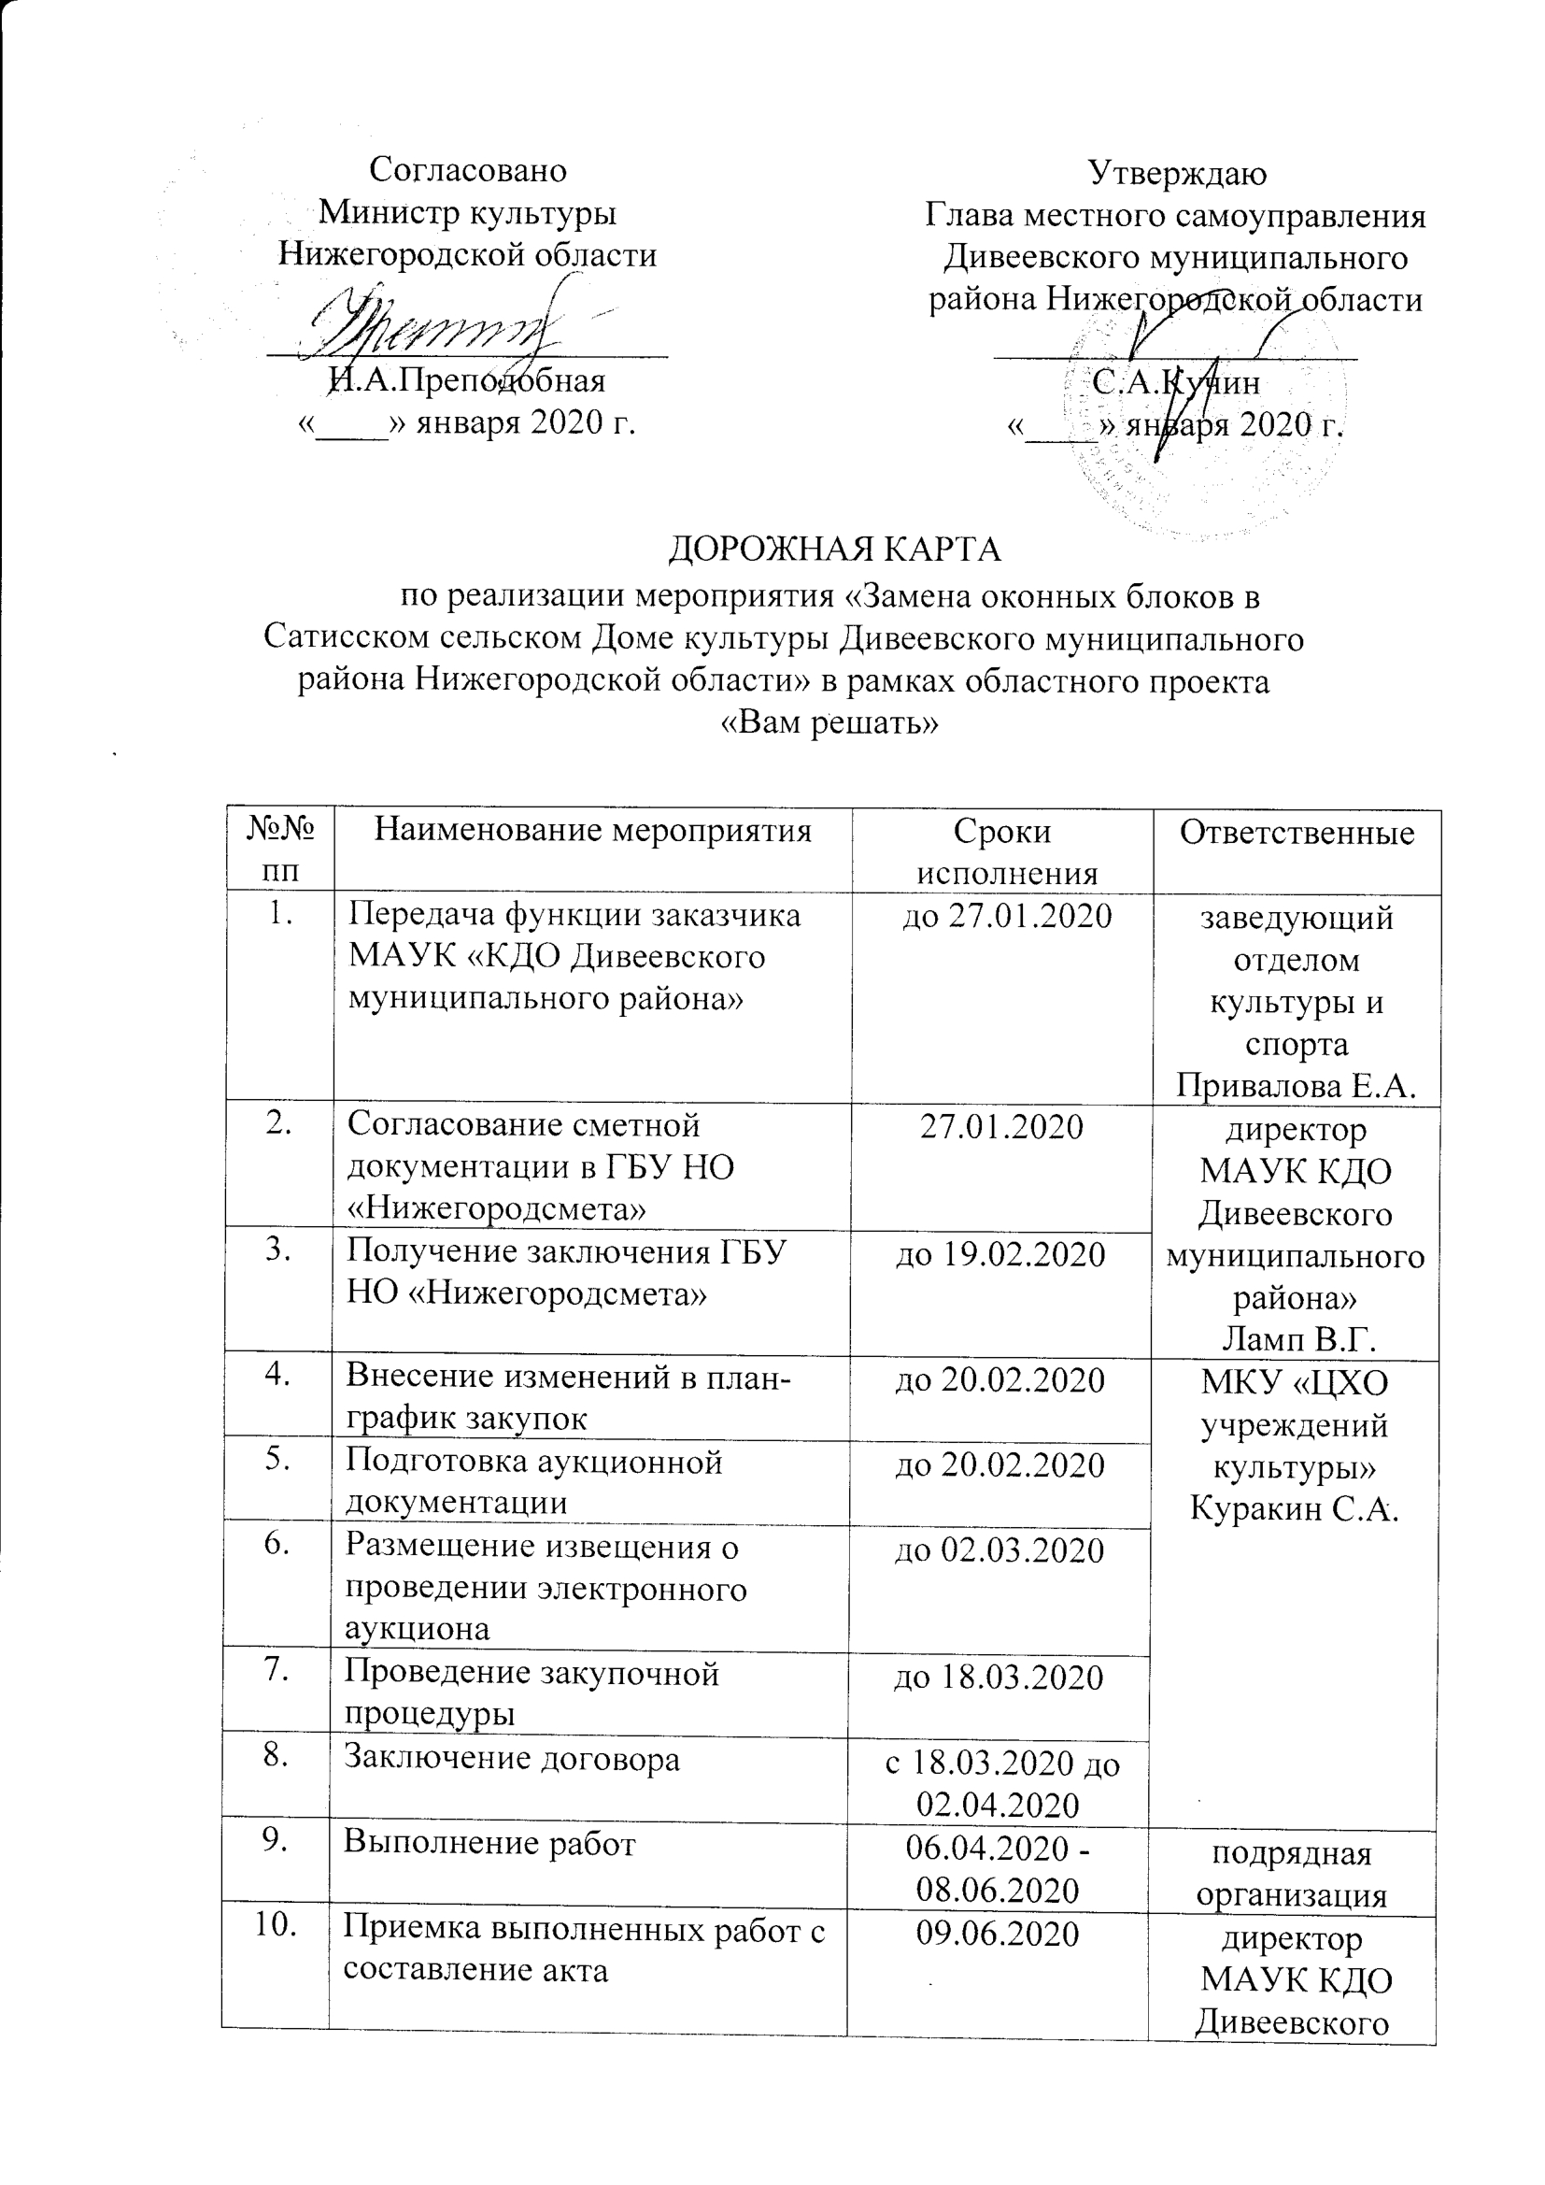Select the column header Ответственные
pos(1296,833)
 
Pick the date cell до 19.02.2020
pos(999,1254)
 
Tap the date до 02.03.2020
pos(999,1550)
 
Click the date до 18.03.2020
pos(998,1677)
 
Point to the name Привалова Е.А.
pos(1296,1084)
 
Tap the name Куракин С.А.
pos(1294,1507)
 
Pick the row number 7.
pos(276,1672)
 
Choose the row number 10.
pos(274,1926)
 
